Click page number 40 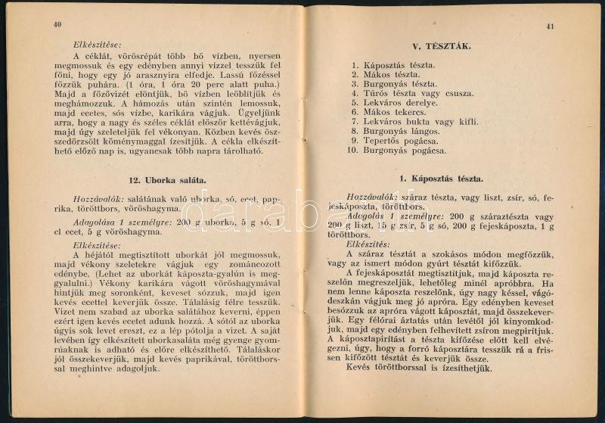click(57, 24)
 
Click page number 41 click(550, 26)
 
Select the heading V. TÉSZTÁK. click(446, 46)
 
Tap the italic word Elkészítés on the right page click(368, 244)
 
